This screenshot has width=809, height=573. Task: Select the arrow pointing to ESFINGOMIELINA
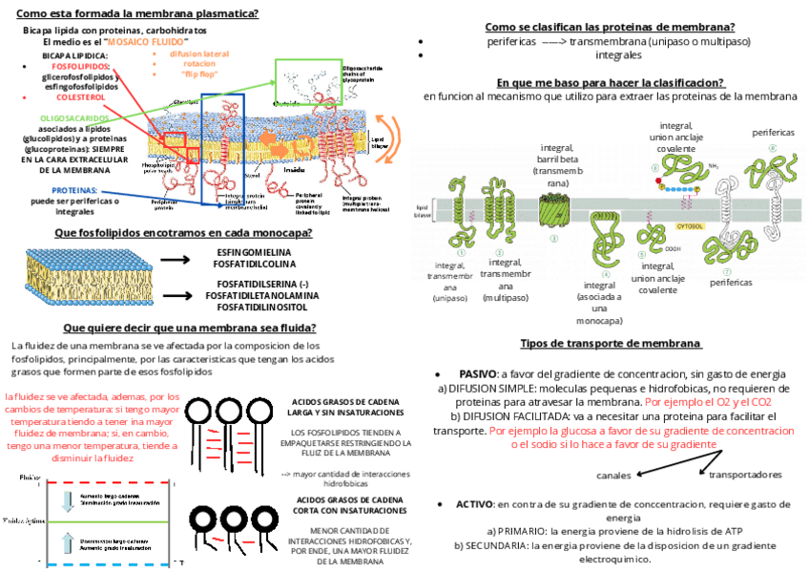coord(176,259)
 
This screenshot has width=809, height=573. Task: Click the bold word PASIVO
coord(477,374)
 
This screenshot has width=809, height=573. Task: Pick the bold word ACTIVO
coord(474,503)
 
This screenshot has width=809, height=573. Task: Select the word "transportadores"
coord(746,475)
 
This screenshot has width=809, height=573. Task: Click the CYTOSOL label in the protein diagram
coord(690,226)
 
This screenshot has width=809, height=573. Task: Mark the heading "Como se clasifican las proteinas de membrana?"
coord(610,27)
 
